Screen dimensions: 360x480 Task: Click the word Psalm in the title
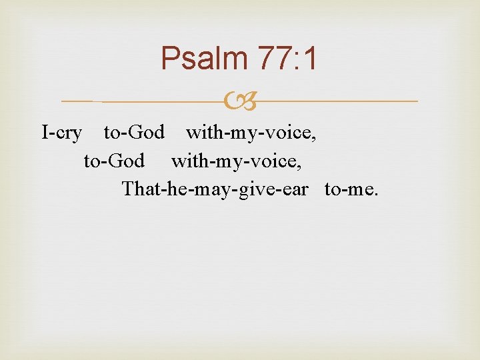tap(203, 59)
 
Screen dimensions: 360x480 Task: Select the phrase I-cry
tap(61, 133)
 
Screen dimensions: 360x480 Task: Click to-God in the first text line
tap(134, 133)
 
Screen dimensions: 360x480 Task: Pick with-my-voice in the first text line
tap(250, 133)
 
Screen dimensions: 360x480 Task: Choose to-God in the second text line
tap(114, 161)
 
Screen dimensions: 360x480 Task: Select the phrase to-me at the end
tap(349, 189)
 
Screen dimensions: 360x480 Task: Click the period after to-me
tap(376, 194)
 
